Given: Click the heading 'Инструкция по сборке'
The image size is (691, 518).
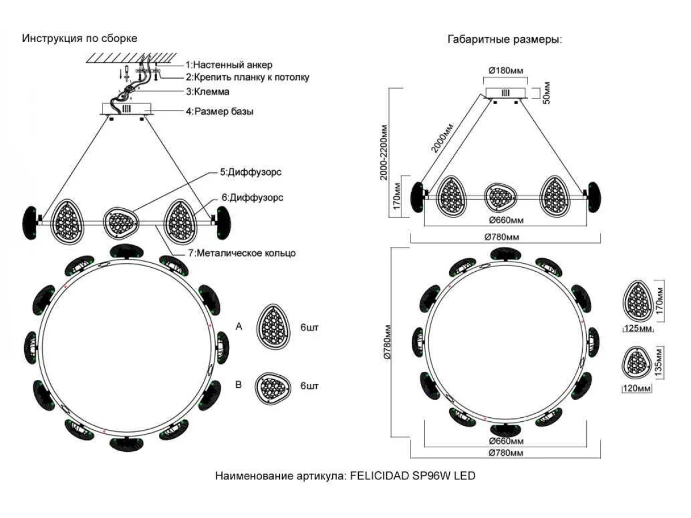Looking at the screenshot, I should (x=79, y=39).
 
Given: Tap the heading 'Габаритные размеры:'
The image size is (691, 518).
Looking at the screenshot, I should (x=504, y=40).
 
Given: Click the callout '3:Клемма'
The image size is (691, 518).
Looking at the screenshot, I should (x=208, y=92).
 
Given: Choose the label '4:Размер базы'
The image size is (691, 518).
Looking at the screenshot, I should (x=219, y=112).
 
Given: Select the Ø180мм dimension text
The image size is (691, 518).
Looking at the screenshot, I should (x=506, y=70).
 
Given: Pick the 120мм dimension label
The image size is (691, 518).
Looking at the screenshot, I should (x=636, y=389).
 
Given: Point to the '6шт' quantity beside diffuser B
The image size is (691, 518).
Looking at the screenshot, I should (x=309, y=386).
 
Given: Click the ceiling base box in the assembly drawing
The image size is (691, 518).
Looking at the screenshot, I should (x=126, y=109).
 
